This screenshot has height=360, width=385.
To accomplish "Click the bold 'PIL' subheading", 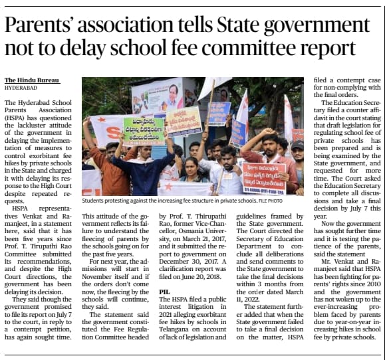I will point(166,292).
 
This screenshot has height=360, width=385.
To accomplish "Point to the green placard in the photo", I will point(144,131).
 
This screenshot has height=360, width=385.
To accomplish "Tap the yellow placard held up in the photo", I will point(184,121).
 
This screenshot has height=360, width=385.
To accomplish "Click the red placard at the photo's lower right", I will point(265,174).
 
